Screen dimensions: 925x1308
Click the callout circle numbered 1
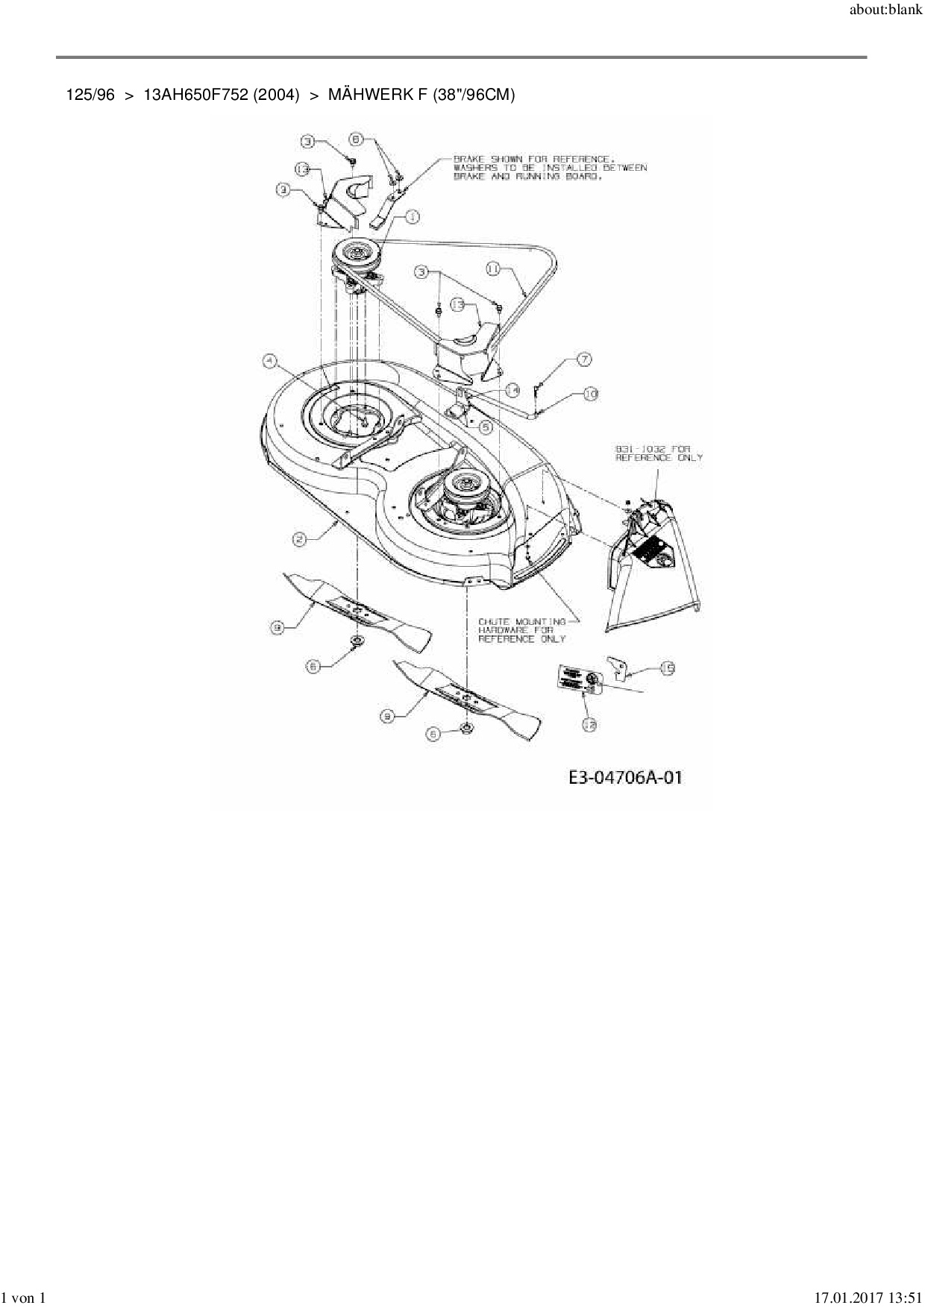(x=412, y=217)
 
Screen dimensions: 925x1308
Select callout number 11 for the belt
(x=493, y=269)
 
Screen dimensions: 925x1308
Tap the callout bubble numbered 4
(x=270, y=362)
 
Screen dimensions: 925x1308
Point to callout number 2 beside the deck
(x=300, y=539)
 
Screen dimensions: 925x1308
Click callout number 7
(x=583, y=360)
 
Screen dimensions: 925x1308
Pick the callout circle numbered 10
(x=590, y=393)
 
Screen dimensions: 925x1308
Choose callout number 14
(x=511, y=390)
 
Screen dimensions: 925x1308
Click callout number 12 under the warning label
(x=589, y=723)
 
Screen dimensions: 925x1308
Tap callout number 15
(x=666, y=669)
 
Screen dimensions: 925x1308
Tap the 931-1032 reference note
(x=657, y=453)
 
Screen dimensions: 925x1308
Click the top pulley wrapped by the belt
(x=357, y=252)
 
